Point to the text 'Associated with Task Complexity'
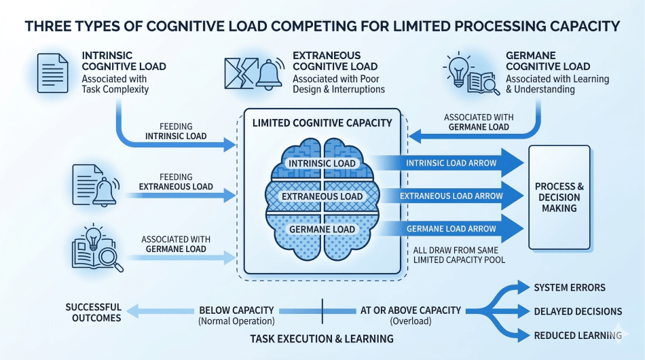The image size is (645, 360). coord(115,84)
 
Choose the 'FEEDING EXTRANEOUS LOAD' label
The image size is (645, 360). coord(176,182)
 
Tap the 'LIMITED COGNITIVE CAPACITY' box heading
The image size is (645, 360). coord(322,123)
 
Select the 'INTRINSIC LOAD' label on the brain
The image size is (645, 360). coord(322,164)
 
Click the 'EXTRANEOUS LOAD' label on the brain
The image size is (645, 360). coord(322,196)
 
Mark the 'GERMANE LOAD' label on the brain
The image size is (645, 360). coord(322,230)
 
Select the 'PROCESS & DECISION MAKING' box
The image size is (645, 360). coord(560,197)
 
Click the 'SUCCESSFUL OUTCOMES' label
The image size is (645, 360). coord(94,312)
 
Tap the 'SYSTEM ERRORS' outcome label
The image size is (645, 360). coord(569,287)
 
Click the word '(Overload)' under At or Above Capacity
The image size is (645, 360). coord(410,321)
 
